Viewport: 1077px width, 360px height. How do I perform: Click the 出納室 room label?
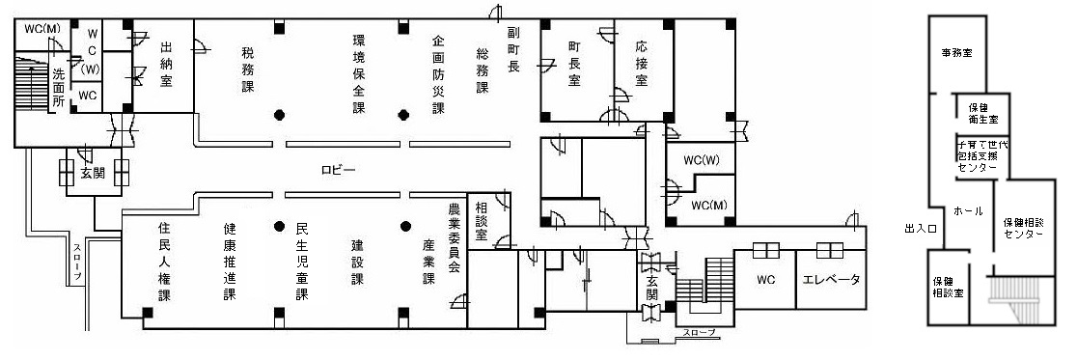(166, 65)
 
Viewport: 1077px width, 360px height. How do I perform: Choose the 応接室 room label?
(642, 65)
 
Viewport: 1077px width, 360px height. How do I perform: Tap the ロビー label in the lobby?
(339, 171)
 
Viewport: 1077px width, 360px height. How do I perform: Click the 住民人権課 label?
(164, 263)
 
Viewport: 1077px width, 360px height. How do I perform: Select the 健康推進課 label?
(230, 263)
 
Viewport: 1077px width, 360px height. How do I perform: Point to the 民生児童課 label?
(302, 263)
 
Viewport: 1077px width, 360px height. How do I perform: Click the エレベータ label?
(831, 281)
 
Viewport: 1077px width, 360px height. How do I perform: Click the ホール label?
(967, 209)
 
